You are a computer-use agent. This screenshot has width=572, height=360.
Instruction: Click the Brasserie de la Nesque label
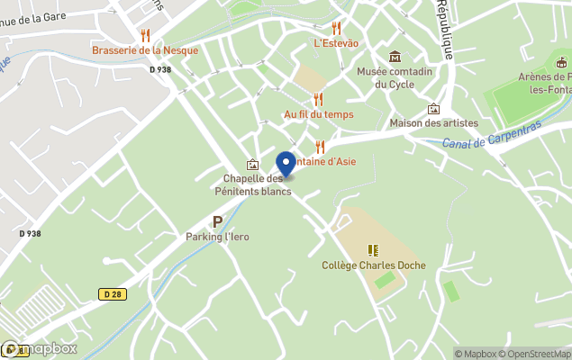145,50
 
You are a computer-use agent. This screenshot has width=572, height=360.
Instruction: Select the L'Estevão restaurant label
336,42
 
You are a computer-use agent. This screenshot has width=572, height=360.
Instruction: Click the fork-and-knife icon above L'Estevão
336,28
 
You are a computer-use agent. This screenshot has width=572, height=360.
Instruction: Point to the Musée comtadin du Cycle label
395,77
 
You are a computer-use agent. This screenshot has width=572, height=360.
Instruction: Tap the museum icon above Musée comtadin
395,57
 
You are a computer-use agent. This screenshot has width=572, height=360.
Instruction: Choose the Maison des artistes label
433,122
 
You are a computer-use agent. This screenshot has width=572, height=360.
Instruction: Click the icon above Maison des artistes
433,108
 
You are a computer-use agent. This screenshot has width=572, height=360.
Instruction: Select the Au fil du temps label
318,114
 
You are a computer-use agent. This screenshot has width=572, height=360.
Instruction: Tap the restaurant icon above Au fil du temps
318,100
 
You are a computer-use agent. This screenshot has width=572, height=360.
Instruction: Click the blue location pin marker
286,165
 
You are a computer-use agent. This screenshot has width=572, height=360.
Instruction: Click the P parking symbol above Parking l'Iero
217,221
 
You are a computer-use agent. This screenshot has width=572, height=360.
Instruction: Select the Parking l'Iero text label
217,237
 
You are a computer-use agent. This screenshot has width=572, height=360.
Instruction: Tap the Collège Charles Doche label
373,265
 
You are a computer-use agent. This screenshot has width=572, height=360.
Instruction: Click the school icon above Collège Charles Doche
373,250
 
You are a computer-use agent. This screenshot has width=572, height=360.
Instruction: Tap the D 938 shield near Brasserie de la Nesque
159,69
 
